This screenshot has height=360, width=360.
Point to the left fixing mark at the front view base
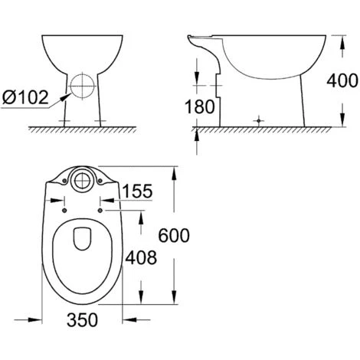click(x=65, y=121)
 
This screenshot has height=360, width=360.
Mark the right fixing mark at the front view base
click(x=98, y=121)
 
